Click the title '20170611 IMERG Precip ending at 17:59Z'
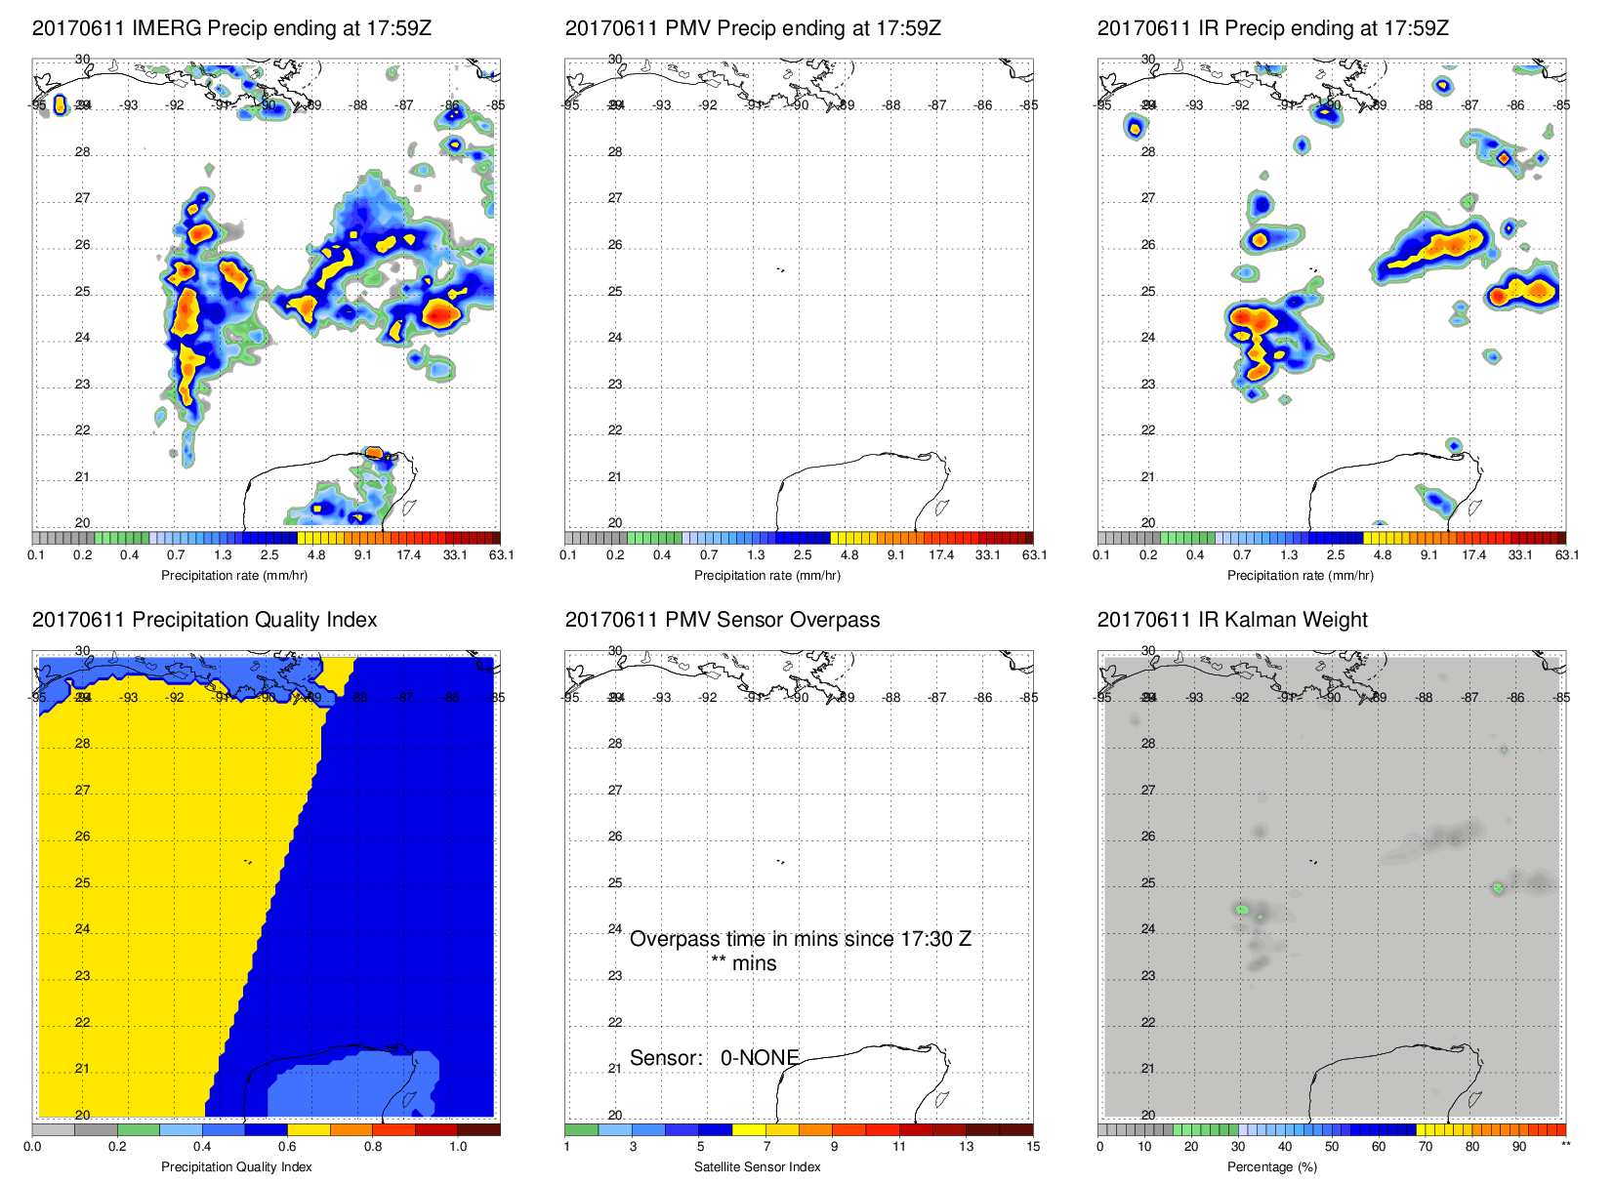click(x=231, y=28)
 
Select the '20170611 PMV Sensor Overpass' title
click(x=722, y=620)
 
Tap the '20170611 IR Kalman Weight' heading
click(x=1231, y=620)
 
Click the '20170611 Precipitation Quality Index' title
click(x=204, y=620)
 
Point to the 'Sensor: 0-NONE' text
click(x=714, y=1058)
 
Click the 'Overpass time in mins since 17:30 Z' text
click(x=800, y=939)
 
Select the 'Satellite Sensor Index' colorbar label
click(x=757, y=1166)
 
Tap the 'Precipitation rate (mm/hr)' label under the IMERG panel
click(x=234, y=575)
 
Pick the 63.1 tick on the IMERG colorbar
click(x=501, y=555)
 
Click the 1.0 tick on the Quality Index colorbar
click(x=458, y=1147)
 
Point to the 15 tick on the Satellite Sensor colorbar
click(x=1033, y=1147)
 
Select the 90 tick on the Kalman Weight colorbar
click(x=1518, y=1147)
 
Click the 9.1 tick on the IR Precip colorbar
click(x=1428, y=555)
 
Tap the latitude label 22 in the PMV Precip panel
click(x=615, y=430)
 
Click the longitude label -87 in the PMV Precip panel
click(x=936, y=105)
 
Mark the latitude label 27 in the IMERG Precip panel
click(x=82, y=198)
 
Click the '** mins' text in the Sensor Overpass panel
click(x=743, y=963)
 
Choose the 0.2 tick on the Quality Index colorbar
click(x=117, y=1147)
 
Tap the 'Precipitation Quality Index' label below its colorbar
click(x=236, y=1166)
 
